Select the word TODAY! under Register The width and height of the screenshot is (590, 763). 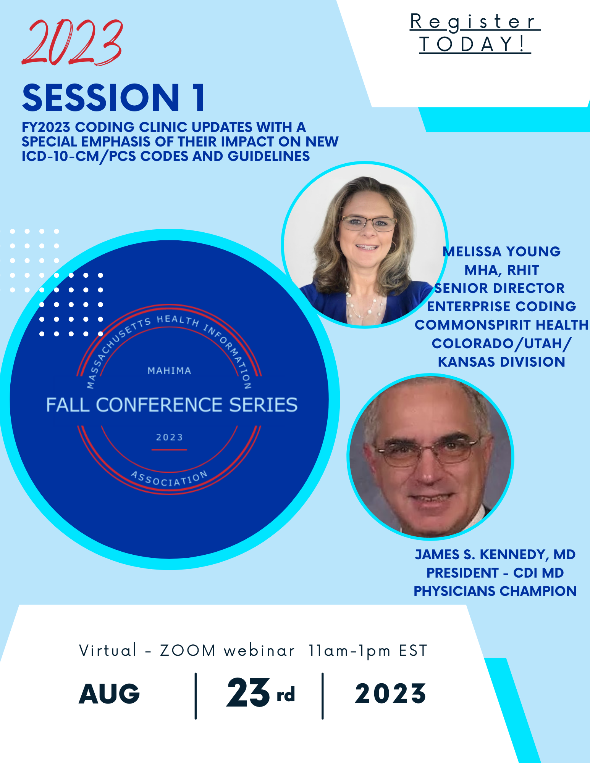(x=474, y=44)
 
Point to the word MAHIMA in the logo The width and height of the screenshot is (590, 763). (x=170, y=371)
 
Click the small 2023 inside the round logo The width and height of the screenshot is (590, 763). (x=170, y=437)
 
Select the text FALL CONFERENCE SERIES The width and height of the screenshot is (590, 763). (x=172, y=405)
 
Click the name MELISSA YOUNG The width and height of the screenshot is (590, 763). (x=501, y=252)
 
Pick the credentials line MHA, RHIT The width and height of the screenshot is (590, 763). (x=501, y=270)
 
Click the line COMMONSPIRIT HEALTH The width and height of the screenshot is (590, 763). (x=501, y=325)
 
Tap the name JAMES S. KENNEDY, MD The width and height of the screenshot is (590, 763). (x=495, y=555)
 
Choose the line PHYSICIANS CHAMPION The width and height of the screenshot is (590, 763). (x=495, y=591)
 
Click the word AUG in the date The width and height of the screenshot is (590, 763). (x=110, y=694)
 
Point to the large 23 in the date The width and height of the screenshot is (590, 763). (x=248, y=692)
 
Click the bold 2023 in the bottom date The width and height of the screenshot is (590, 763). (x=390, y=694)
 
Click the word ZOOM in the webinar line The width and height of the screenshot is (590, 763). (x=188, y=651)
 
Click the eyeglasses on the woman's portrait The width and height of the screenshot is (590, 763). (x=368, y=224)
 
